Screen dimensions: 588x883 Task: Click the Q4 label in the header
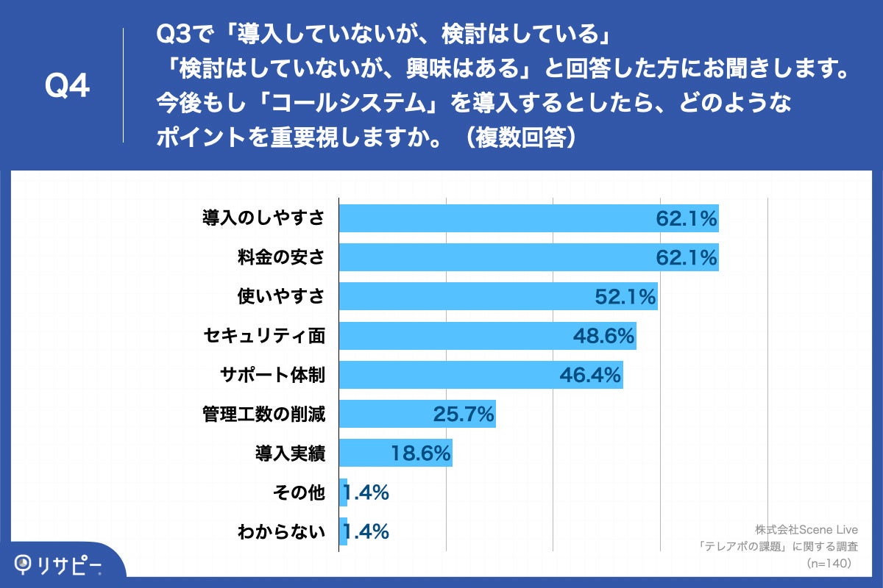(x=67, y=86)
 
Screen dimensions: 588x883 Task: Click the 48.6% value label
(x=603, y=336)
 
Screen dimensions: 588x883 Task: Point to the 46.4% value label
(x=591, y=375)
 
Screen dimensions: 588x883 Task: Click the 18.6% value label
(x=420, y=453)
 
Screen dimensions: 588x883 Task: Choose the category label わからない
(x=281, y=531)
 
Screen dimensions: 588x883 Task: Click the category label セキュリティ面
(x=264, y=336)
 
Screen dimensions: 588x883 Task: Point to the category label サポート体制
(x=272, y=375)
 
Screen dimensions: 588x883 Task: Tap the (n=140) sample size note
(x=829, y=563)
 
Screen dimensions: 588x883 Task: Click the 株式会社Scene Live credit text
(x=807, y=528)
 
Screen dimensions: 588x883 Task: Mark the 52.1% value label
(x=625, y=297)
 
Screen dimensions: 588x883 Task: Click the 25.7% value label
(x=463, y=415)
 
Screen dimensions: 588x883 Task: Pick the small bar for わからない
(x=343, y=531)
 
